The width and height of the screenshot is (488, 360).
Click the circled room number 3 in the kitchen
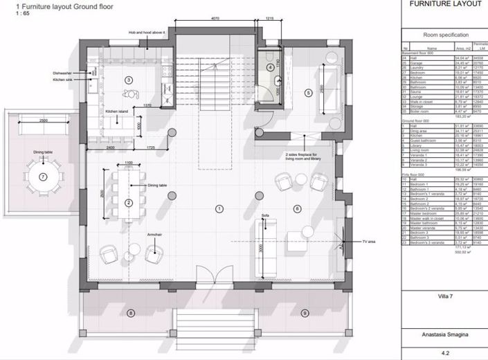[128, 80]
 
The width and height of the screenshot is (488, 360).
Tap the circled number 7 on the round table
[43, 177]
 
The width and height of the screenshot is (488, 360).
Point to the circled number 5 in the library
[308, 92]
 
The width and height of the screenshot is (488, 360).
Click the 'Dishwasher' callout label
[62, 73]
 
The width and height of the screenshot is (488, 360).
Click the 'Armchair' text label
[155, 235]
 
